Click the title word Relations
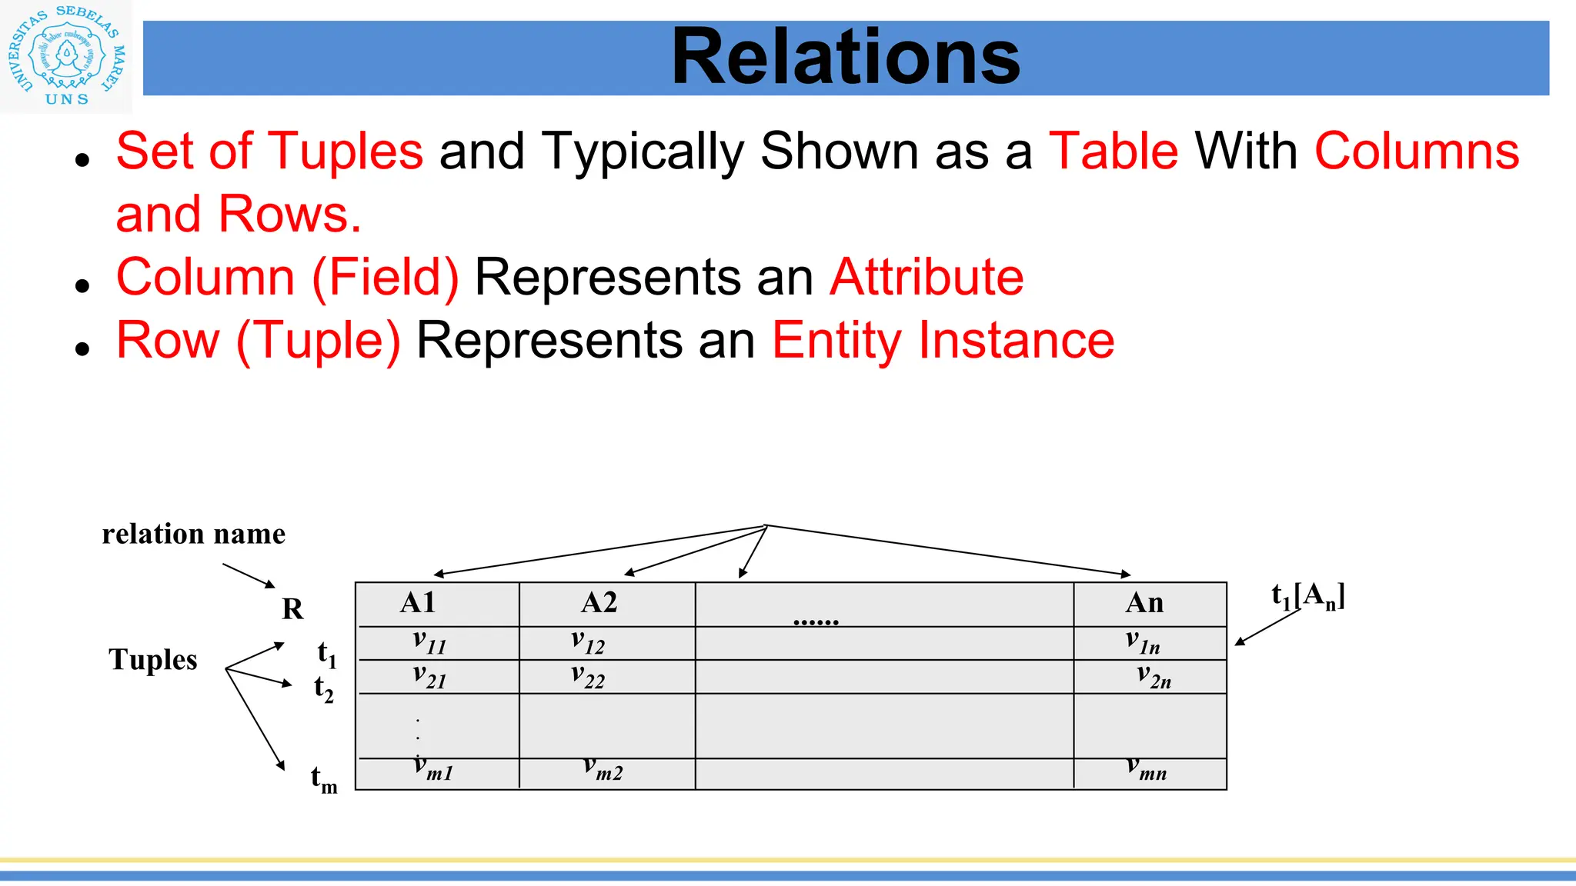coord(845,57)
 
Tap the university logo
coord(67,57)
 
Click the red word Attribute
coord(927,277)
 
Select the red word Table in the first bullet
coord(1114,151)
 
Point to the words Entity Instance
coord(943,340)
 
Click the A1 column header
coord(418,603)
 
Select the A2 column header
coord(599,603)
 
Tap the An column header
coord(1144,603)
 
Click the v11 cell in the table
coord(429,642)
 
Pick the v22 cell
coord(588,677)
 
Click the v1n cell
coord(1143,642)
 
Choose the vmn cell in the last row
coord(1147,768)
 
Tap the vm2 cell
coord(603,768)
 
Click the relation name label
coord(193,534)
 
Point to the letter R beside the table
coord(292,609)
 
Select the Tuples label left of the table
coord(153,660)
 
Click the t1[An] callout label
coord(1308,596)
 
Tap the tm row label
coord(324,779)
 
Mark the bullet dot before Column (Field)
coord(83,285)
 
